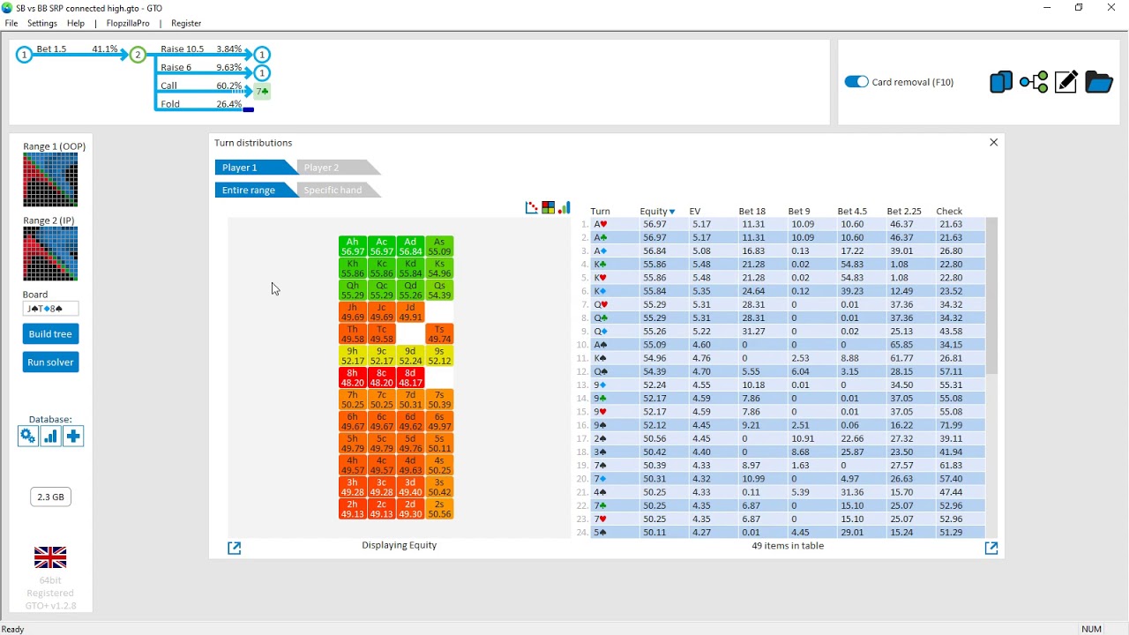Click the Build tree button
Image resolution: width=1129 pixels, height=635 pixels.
coord(50,334)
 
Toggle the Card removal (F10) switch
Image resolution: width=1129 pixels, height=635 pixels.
coord(856,82)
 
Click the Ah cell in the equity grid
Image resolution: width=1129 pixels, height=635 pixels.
coord(352,247)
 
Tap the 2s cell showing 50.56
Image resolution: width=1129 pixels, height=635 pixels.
coord(439,509)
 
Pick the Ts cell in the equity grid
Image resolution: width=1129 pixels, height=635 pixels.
coord(439,333)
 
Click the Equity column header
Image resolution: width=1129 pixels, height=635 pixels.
coord(654,212)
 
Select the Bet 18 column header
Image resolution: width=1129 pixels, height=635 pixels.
coord(751,212)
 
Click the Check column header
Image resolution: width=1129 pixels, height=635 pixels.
coord(948,212)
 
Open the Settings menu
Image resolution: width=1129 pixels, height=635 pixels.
coord(42,23)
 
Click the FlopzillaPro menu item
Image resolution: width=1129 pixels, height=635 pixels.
coord(128,23)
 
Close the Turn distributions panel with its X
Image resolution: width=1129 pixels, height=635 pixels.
coord(993,143)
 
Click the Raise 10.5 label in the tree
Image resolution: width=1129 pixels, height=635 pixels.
coord(182,49)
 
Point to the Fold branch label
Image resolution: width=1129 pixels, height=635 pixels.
coord(170,104)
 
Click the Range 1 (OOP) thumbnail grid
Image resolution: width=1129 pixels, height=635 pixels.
coord(50,180)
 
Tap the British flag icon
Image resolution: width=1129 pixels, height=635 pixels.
coord(50,557)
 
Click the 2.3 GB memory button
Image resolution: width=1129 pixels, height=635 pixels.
coord(50,497)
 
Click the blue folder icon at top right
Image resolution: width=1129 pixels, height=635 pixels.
coord(1098,82)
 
